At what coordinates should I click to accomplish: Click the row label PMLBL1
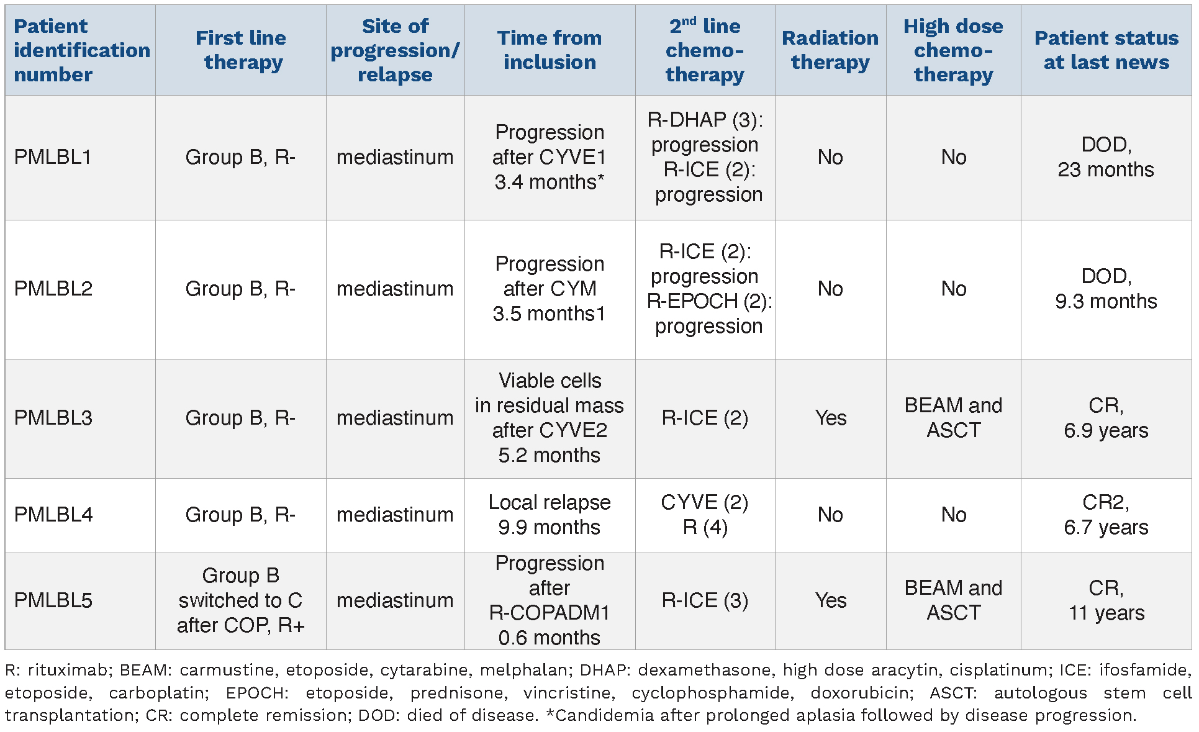[x=53, y=157]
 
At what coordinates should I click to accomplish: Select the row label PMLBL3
[x=53, y=418]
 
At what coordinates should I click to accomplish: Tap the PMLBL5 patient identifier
[x=53, y=600]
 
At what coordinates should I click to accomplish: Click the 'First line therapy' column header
[x=241, y=50]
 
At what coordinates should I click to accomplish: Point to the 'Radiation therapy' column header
[x=830, y=50]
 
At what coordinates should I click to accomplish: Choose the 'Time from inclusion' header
[x=550, y=50]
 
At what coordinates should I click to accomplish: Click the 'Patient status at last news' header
[x=1106, y=50]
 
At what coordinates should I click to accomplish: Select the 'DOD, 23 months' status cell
[x=1106, y=157]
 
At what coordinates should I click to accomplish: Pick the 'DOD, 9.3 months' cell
[x=1106, y=289]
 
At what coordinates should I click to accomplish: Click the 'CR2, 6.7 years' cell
[x=1106, y=515]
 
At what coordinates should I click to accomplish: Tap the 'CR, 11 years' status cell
[x=1106, y=600]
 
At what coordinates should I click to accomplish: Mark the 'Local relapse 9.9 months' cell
[x=550, y=515]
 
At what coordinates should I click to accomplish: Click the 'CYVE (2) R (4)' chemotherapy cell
[x=705, y=515]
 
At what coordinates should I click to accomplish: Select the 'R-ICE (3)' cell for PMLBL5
[x=705, y=600]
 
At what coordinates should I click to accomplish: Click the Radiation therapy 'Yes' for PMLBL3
[x=831, y=418]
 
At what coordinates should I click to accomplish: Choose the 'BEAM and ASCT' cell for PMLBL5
[x=953, y=600]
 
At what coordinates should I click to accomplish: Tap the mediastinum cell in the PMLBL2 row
[x=395, y=289]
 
